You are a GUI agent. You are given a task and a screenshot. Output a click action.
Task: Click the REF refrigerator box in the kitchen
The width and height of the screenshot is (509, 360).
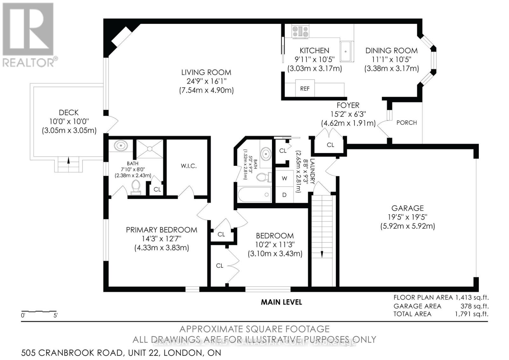(305, 89)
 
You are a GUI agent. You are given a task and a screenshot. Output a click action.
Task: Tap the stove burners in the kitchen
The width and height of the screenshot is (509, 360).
(301, 32)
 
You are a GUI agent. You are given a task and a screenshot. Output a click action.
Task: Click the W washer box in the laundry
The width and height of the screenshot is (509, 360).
(284, 179)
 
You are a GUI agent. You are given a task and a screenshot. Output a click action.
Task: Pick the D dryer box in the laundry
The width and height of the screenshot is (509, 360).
(284, 195)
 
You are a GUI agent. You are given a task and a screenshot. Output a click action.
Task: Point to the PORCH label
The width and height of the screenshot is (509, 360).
(406, 123)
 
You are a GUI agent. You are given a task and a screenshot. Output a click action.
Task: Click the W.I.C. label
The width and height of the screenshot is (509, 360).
(188, 166)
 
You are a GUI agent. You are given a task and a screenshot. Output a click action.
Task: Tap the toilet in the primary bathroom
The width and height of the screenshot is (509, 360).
(136, 187)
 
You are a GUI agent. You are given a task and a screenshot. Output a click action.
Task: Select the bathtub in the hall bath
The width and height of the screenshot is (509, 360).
(254, 194)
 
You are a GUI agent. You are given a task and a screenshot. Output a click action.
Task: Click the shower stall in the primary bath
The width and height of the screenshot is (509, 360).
(150, 149)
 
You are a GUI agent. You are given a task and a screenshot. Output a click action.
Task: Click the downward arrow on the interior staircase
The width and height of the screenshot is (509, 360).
(322, 254)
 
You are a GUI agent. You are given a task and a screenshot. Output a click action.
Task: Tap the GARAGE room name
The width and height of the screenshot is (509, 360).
(408, 208)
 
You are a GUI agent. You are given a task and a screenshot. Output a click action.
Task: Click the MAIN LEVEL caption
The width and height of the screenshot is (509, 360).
(281, 302)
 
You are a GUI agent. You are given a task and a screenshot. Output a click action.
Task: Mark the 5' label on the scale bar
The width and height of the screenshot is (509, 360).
(56, 316)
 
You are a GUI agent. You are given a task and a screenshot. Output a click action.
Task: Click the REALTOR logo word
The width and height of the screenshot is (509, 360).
(29, 62)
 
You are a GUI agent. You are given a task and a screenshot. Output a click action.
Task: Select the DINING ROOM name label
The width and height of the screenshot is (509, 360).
(391, 50)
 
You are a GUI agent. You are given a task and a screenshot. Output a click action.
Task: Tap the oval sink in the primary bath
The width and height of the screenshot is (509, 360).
(121, 146)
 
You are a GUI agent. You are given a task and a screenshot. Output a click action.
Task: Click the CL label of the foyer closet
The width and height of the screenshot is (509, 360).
(330, 145)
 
